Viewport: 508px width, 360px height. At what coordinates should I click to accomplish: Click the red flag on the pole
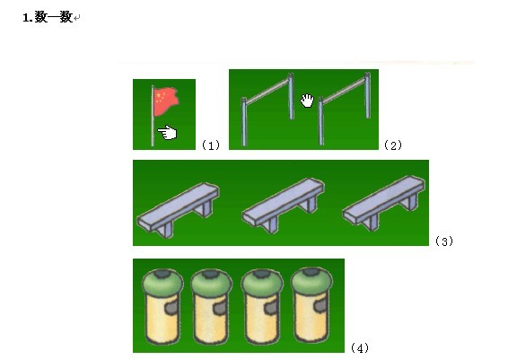pos(166,101)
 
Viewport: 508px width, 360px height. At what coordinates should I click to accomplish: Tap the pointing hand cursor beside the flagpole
pos(167,133)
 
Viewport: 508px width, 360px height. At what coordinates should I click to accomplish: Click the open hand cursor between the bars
pos(307,101)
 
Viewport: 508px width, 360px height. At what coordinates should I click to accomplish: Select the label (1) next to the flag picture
pos(211,145)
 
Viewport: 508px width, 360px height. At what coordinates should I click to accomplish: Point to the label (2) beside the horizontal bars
pos(393,145)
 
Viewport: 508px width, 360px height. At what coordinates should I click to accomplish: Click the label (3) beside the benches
pos(444,241)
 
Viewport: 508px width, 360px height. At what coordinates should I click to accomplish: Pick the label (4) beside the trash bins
pos(360,348)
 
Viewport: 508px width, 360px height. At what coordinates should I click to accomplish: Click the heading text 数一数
pos(53,17)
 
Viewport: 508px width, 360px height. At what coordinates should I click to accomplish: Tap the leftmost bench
pos(179,210)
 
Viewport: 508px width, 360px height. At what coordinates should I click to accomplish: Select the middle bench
pos(283,206)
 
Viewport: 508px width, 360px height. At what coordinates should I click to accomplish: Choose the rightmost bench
pos(384,203)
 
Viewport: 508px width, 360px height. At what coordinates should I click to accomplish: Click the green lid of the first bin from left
pos(162,283)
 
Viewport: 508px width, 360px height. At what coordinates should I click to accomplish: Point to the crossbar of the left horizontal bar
pos(267,92)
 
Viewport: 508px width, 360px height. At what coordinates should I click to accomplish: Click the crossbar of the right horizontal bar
pos(344,91)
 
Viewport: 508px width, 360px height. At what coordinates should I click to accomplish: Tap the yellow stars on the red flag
pos(160,97)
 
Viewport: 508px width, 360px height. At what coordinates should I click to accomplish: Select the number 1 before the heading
pos(25,18)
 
